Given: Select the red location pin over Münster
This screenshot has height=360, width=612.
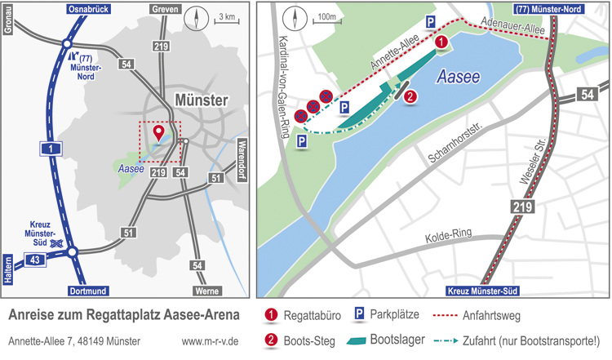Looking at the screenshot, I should point(157,131).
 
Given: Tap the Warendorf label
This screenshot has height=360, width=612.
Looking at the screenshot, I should point(242,162).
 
